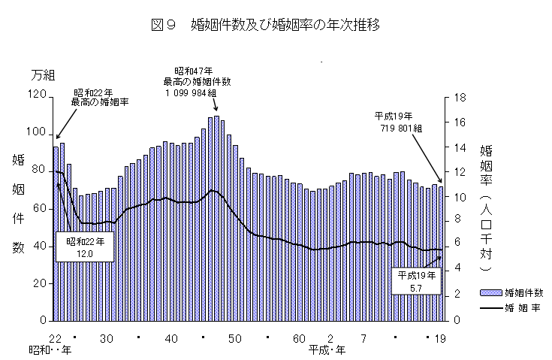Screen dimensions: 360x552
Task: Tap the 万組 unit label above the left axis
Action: tap(43, 75)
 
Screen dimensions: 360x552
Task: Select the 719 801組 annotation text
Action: tap(401, 129)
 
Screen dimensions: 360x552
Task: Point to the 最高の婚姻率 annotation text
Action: tap(100, 101)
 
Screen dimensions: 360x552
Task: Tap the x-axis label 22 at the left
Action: tap(55, 337)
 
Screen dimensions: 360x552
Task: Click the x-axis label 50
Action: tap(235, 337)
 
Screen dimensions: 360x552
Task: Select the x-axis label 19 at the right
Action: tap(441, 337)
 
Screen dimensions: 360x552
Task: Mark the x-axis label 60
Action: tap(299, 337)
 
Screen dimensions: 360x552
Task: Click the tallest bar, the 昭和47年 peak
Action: tap(216, 218)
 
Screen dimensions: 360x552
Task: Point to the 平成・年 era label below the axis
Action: tap(327, 349)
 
